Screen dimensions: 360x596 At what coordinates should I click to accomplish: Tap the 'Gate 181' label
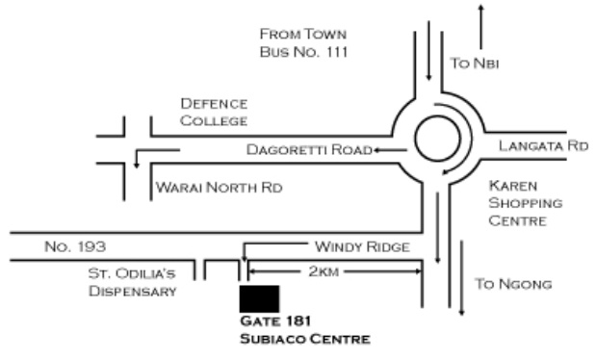coord(271,321)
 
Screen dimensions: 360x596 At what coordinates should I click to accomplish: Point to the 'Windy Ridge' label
coord(362,247)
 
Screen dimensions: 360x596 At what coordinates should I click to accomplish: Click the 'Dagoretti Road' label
coord(309,150)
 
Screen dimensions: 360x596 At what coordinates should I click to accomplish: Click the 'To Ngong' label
coord(514,285)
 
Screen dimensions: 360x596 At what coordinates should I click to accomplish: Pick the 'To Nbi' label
coord(476,64)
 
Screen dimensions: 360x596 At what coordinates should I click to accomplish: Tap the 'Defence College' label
coord(214,112)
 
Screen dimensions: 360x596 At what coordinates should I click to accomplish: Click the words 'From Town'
coord(301,33)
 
